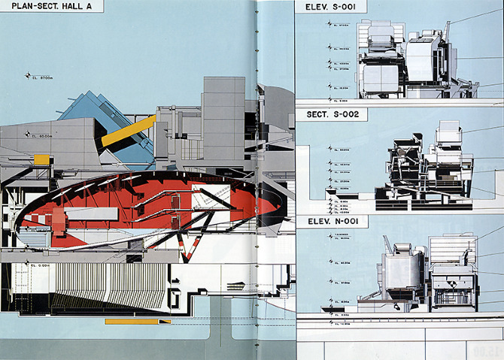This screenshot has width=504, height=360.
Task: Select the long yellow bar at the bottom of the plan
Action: coord(131,321)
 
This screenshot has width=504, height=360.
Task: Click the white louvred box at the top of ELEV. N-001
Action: coord(451,247)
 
